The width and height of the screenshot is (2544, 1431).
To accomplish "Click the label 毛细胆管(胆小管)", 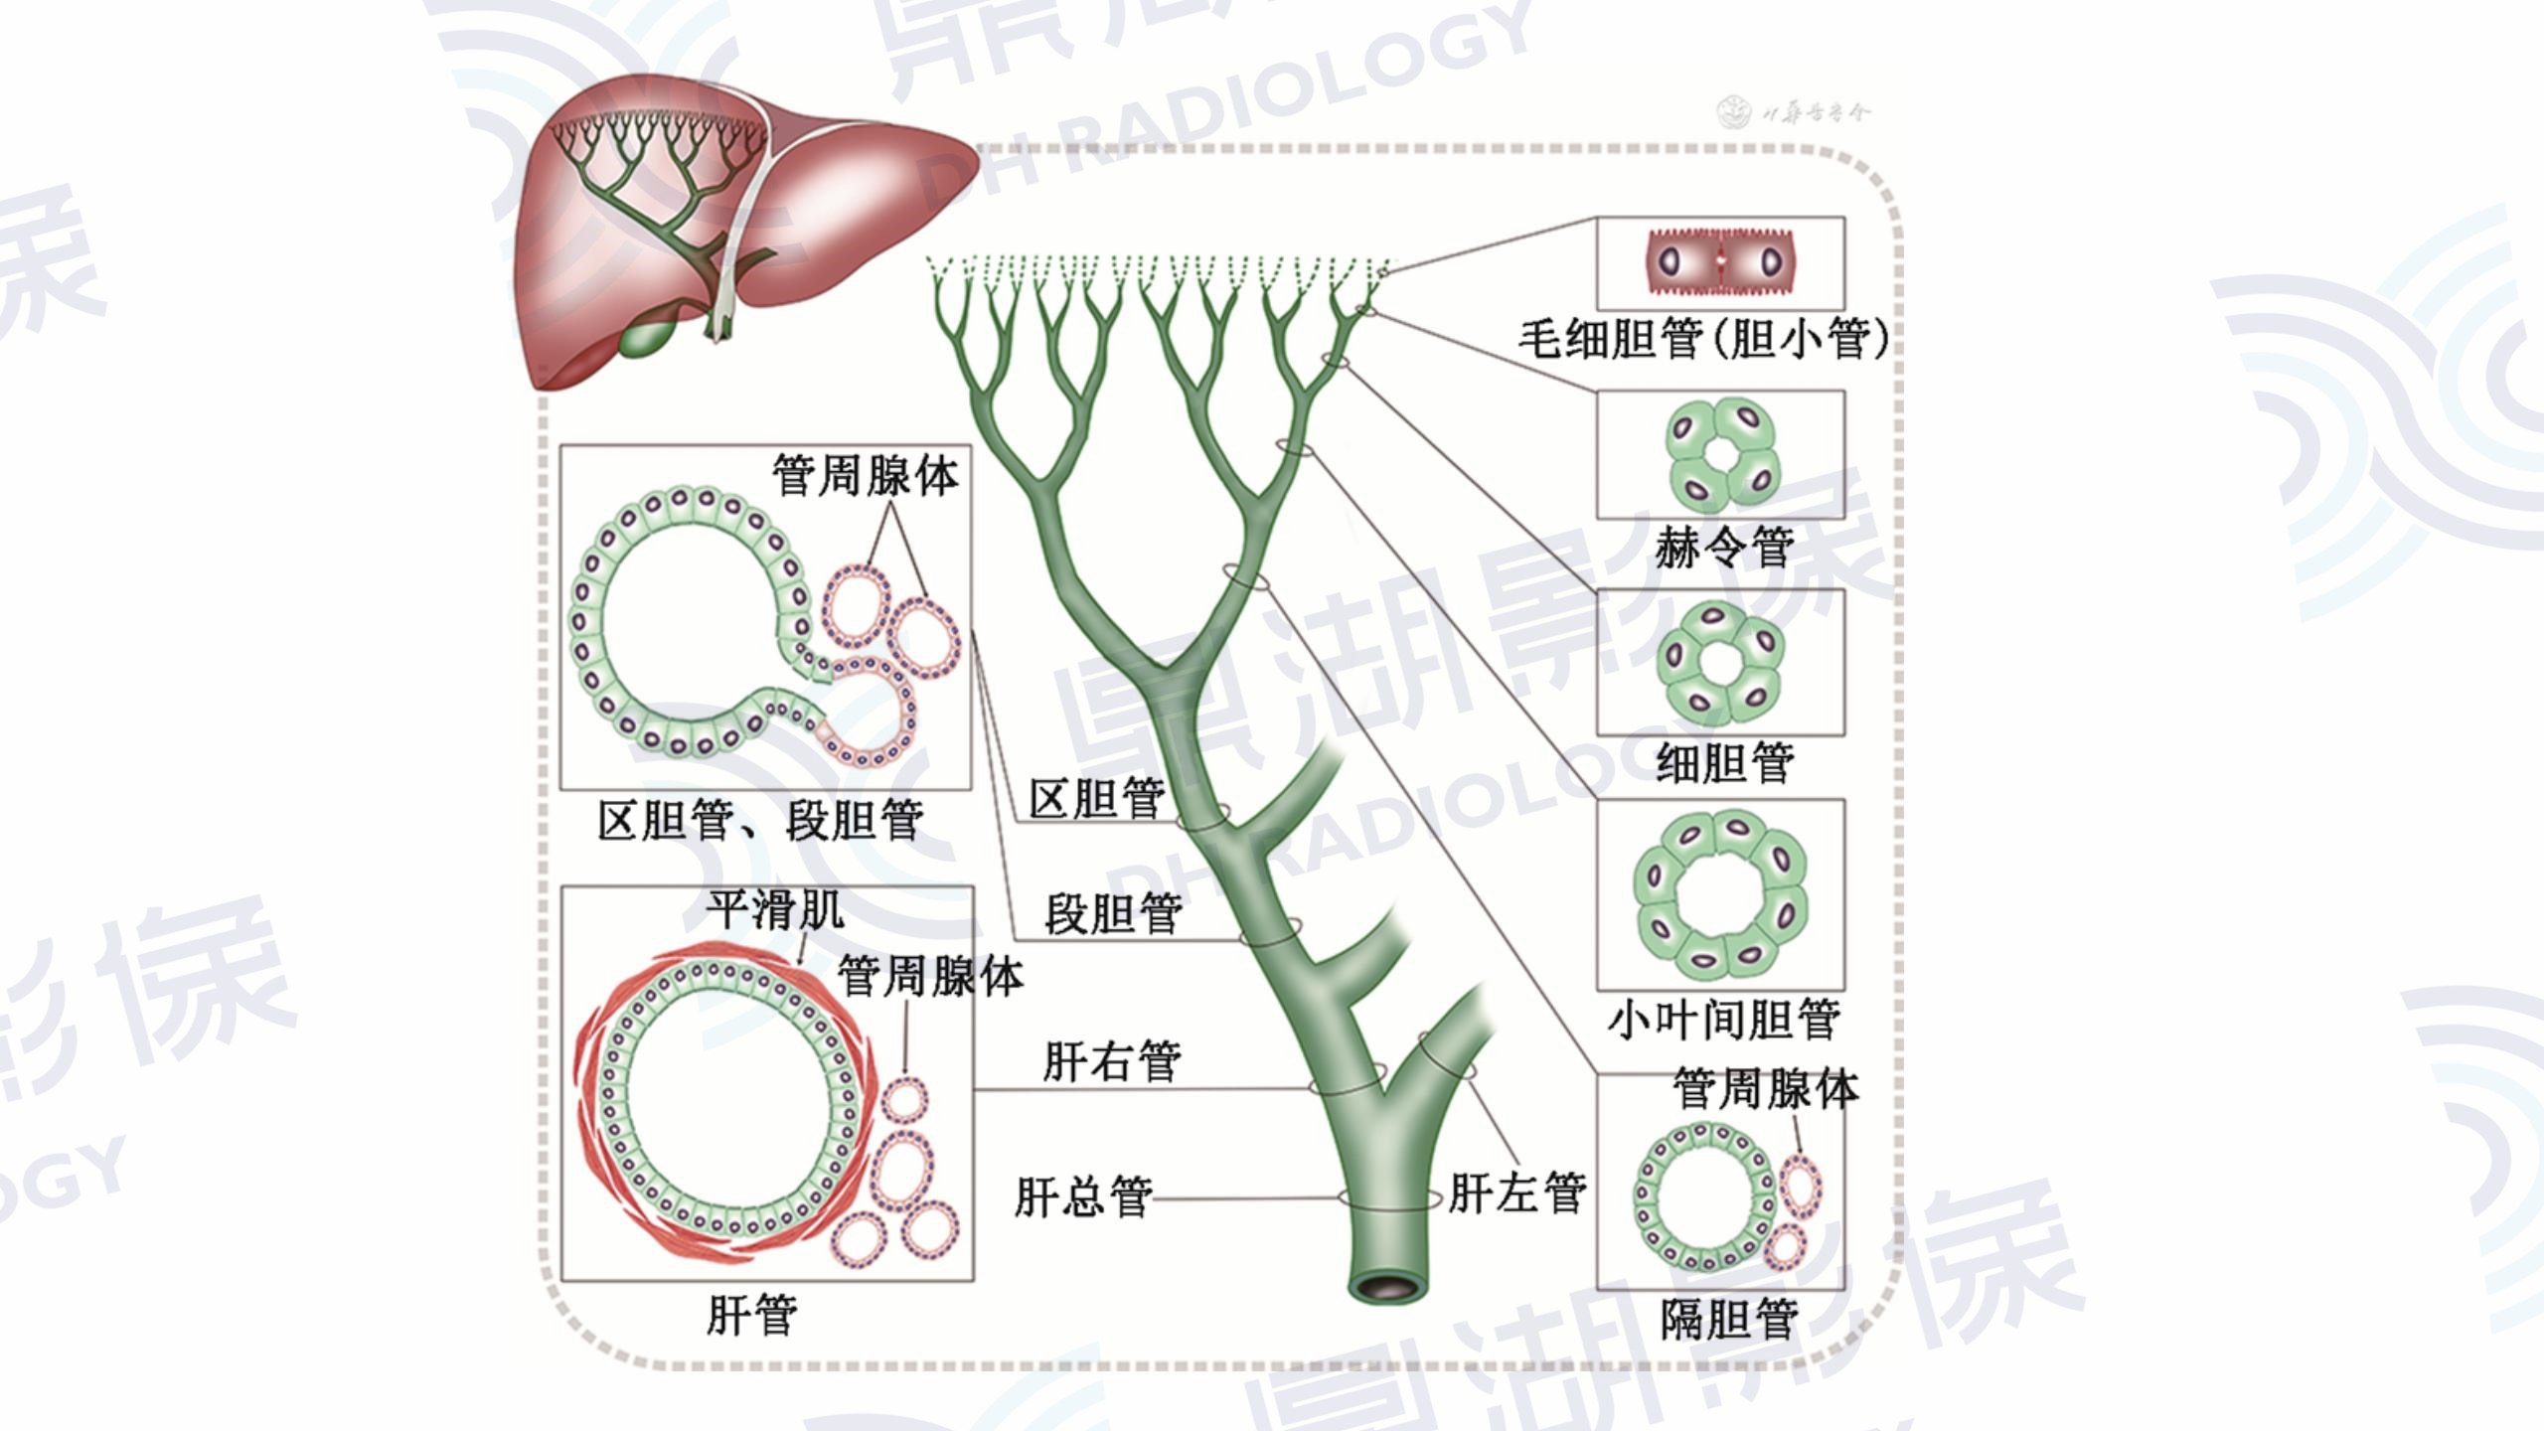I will point(1703,339).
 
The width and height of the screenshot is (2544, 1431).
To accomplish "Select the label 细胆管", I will point(1725,763).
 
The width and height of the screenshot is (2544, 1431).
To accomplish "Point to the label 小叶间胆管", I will point(1724,1020).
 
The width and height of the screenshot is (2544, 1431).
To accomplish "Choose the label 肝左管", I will point(1516,1193).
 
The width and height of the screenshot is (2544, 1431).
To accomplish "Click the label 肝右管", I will point(1111,1061).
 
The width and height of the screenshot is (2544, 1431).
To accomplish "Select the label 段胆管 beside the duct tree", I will point(1113,913).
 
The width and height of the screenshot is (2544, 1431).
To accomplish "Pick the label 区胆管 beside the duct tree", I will point(1096,799).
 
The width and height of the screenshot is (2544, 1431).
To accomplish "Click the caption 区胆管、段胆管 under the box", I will point(760,821).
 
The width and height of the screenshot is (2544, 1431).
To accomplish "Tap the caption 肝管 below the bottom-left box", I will point(751,1316).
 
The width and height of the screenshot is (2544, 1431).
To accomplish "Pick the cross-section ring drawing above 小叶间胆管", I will point(1720,893).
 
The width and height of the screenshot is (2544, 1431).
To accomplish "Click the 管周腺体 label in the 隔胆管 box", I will point(1765,1089).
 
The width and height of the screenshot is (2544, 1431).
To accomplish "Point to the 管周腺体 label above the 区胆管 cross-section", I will point(866,476).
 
